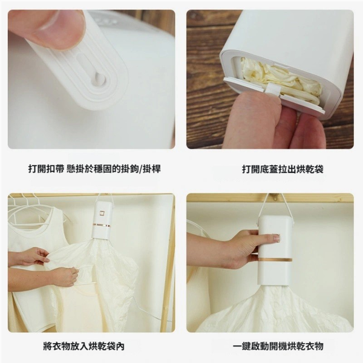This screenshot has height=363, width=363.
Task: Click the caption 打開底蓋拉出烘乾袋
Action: click(x=283, y=169)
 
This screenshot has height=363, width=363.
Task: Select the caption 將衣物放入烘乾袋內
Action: click(x=84, y=346)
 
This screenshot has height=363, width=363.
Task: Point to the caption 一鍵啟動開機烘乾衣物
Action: click(x=278, y=346)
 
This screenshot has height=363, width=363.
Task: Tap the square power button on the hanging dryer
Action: click(x=102, y=213)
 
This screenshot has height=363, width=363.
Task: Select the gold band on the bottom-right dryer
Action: click(x=275, y=260)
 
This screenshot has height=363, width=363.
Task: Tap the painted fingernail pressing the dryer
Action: click(x=276, y=238)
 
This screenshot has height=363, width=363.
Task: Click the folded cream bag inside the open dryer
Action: click(x=280, y=77)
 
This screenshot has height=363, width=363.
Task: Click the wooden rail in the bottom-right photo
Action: click(x=270, y=198)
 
